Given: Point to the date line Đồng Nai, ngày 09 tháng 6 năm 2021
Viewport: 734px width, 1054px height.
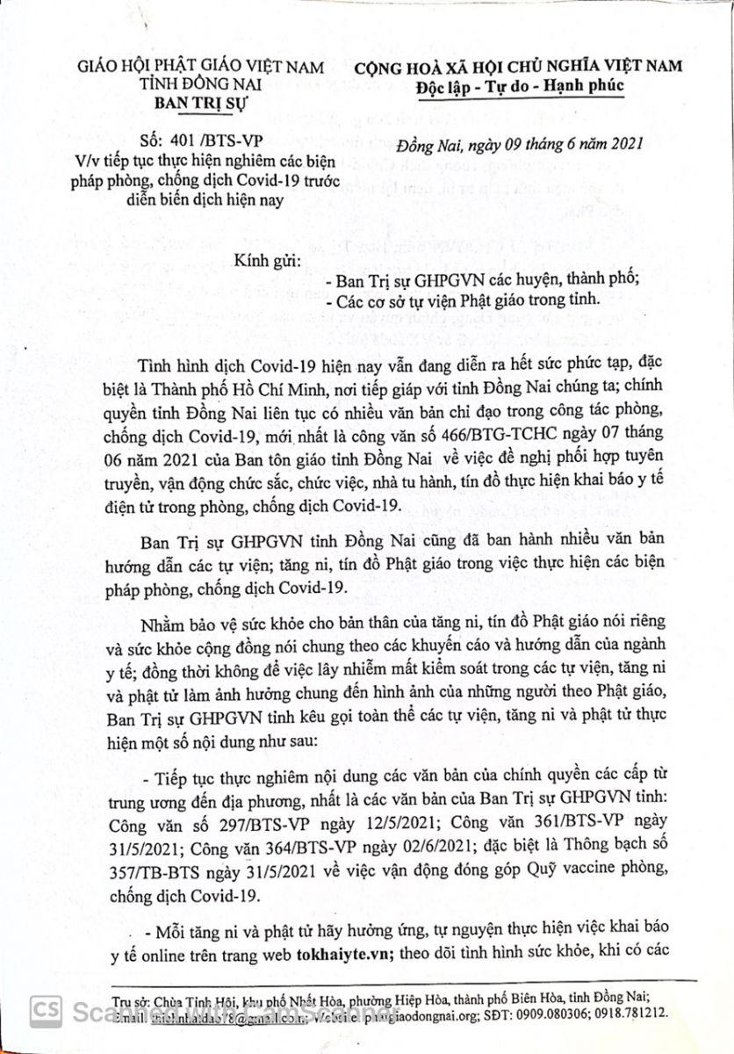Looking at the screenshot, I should click(x=521, y=144).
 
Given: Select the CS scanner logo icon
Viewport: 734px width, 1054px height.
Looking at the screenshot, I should click(x=40, y=1007).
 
